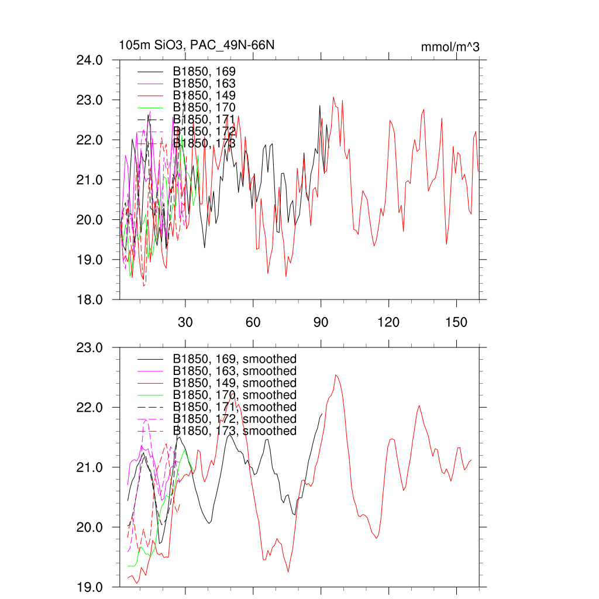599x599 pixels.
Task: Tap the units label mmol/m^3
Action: (x=450, y=47)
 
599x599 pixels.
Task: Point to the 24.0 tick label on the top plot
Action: (x=91, y=60)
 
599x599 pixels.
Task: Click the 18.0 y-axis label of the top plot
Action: (x=91, y=299)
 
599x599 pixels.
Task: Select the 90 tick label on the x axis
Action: (x=321, y=322)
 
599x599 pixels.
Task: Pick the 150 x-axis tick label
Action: (x=456, y=322)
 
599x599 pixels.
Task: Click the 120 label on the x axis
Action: (x=388, y=322)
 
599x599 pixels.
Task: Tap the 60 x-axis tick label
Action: (x=253, y=322)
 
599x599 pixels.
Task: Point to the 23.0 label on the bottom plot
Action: (x=91, y=347)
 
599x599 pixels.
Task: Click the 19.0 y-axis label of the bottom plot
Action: (x=91, y=587)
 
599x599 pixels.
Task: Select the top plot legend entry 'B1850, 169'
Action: (x=204, y=71)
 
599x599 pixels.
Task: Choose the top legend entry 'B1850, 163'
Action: (x=204, y=84)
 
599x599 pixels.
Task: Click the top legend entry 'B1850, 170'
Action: (x=204, y=108)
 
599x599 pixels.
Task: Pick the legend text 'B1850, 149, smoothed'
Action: (x=235, y=383)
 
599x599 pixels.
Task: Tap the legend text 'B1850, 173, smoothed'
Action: (x=235, y=431)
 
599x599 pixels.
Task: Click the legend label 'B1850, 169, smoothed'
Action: (x=235, y=359)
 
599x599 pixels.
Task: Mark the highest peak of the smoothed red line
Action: (x=336, y=375)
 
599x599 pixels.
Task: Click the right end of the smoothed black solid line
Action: (x=322, y=414)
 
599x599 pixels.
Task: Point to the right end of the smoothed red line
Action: (x=471, y=460)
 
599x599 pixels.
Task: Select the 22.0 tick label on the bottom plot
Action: (x=91, y=407)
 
